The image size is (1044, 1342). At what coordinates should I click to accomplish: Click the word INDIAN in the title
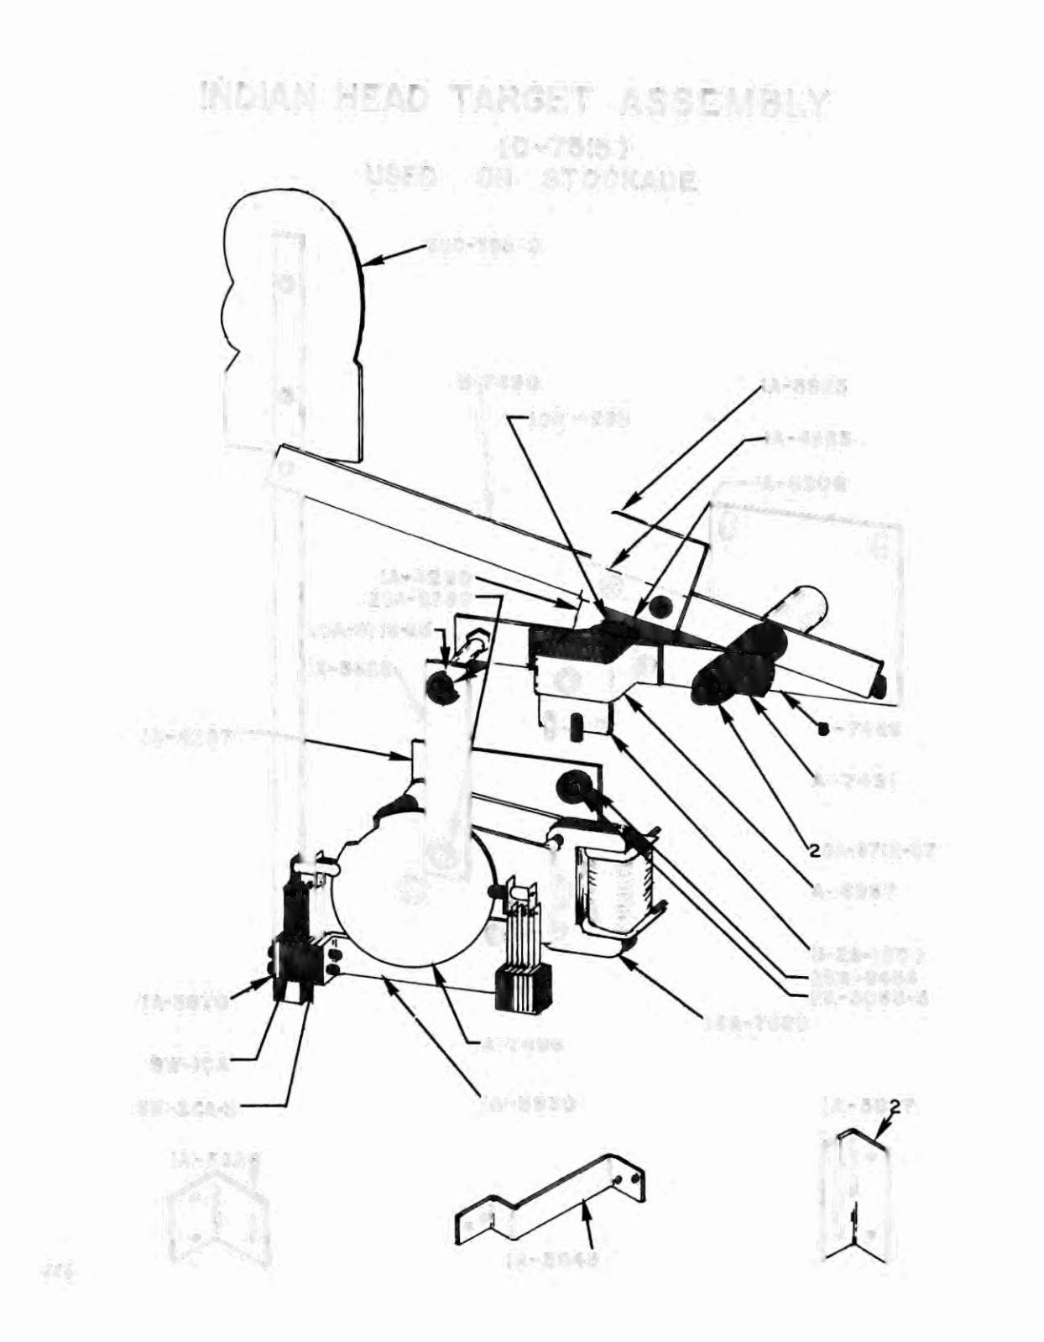[258, 100]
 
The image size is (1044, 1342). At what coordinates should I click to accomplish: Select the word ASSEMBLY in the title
[723, 102]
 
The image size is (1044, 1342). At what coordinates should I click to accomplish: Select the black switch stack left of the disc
[296, 948]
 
